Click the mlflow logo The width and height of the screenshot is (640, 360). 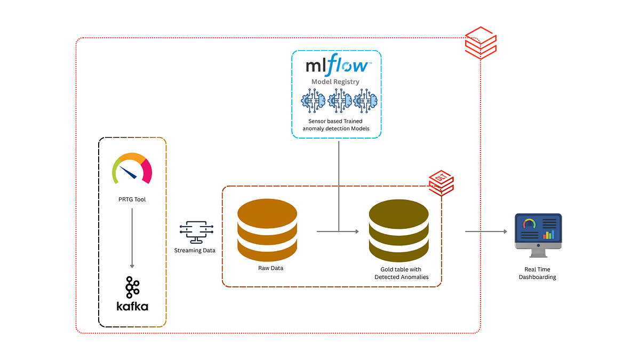(x=337, y=66)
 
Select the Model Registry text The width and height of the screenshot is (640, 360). (x=335, y=82)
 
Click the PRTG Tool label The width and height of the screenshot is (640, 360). (x=132, y=199)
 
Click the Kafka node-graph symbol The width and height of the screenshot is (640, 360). (x=132, y=287)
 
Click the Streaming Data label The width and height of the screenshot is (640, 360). (x=195, y=250)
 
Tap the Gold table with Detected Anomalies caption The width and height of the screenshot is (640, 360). (x=401, y=273)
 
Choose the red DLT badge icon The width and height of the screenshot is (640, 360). (x=441, y=183)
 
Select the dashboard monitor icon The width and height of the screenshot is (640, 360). (x=538, y=231)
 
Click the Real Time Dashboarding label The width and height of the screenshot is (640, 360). (x=537, y=273)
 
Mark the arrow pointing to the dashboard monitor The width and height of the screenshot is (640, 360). (x=486, y=231)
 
